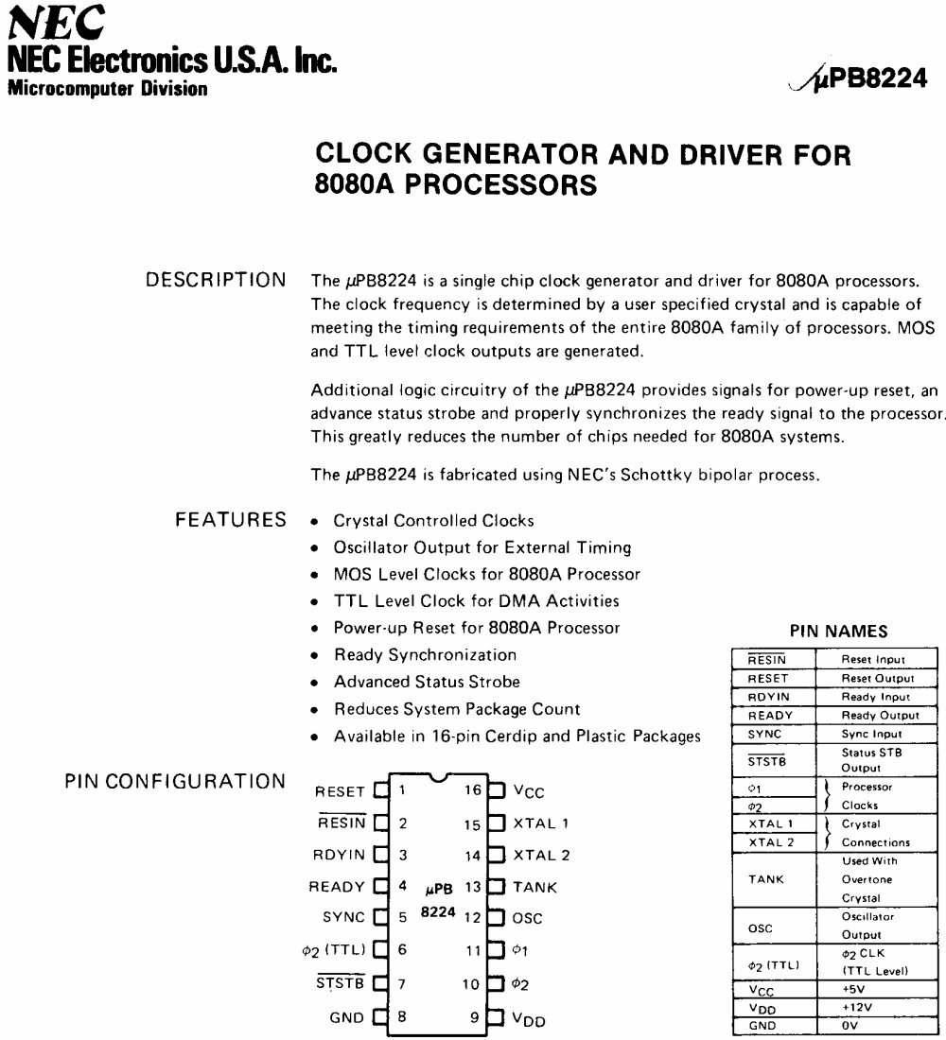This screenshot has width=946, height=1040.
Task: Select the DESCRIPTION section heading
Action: (216, 280)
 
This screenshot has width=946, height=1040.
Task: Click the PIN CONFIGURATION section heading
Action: (175, 781)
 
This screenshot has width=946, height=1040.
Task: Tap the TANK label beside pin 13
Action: (534, 887)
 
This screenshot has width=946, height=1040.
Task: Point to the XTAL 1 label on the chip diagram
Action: (541, 823)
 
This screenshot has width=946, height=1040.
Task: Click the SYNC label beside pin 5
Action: (343, 917)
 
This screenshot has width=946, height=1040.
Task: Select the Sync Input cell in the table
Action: (872, 734)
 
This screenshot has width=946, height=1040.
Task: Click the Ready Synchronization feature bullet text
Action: (425, 654)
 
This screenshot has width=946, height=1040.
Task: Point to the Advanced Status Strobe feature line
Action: (427, 682)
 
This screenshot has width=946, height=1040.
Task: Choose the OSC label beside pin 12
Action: (528, 918)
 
